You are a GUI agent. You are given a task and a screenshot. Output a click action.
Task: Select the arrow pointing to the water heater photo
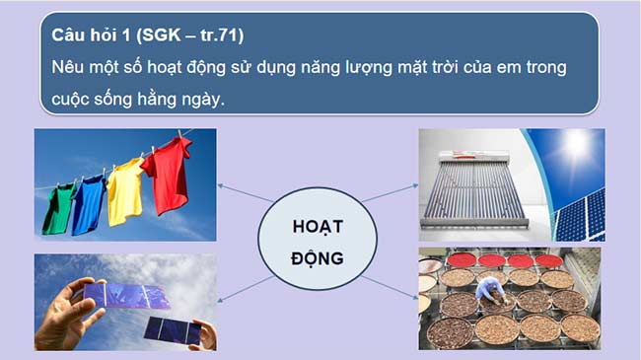pos(390,192)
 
